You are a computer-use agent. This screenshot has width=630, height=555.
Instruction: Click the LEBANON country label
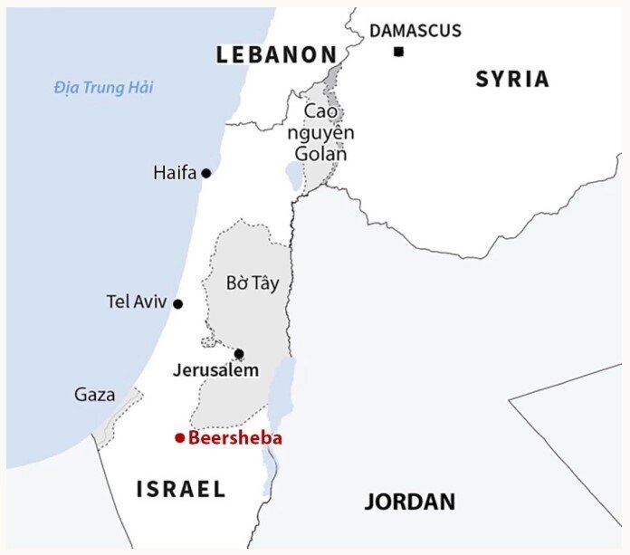point(276,55)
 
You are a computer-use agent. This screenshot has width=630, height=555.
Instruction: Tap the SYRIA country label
point(512,79)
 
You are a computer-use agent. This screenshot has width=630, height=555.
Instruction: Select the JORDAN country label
point(410,502)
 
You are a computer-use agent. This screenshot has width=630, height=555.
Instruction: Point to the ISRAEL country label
point(181,490)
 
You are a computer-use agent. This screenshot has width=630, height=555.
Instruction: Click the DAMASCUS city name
point(415,31)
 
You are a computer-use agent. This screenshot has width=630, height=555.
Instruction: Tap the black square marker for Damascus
point(398,52)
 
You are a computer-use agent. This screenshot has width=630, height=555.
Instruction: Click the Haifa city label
point(175,172)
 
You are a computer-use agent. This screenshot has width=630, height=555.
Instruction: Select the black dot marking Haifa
point(206,173)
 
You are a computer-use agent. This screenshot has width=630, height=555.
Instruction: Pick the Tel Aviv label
point(137,302)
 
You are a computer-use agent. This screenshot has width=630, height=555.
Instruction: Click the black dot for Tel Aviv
point(178,304)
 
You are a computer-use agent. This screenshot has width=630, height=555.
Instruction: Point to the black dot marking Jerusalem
point(239,353)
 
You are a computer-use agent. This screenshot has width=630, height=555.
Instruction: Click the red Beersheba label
point(235,438)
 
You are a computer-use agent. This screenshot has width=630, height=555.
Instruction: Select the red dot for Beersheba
point(180,438)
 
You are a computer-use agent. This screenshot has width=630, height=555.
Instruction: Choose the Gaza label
point(95,395)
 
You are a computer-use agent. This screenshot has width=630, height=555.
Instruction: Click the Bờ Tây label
point(253,283)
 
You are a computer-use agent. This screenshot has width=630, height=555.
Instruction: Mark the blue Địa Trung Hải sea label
point(103,88)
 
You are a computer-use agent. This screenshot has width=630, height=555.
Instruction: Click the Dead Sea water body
point(282,389)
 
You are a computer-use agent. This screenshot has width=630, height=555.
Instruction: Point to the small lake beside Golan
point(294,175)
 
